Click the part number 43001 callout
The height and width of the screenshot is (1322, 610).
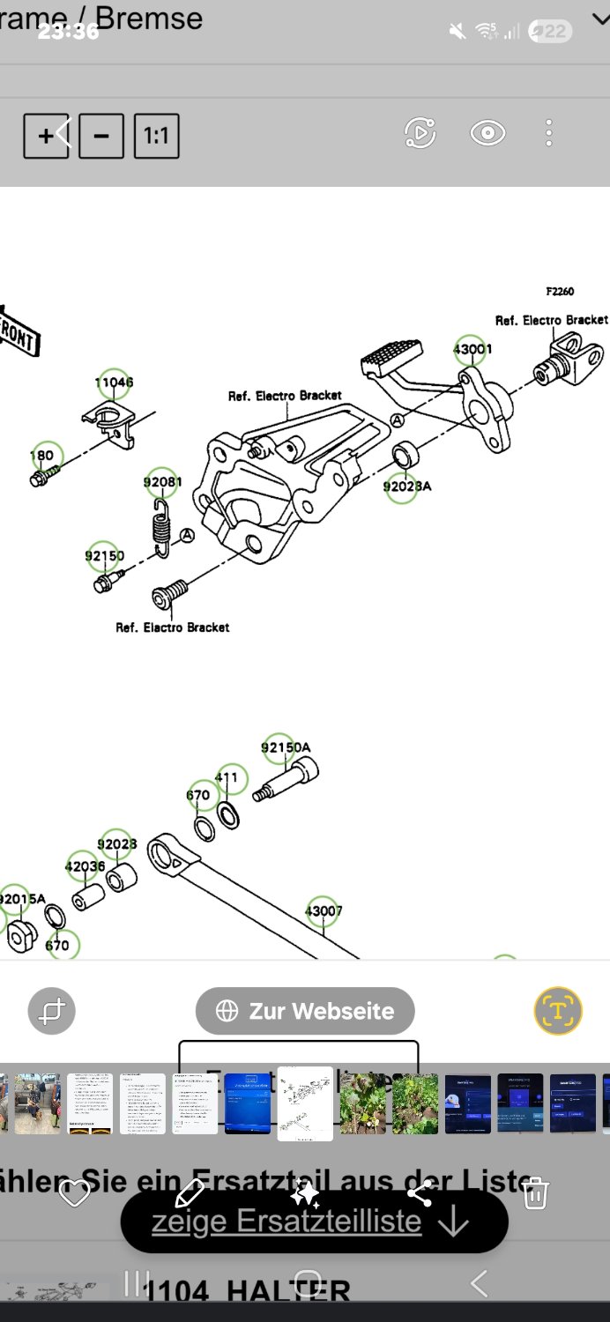472,349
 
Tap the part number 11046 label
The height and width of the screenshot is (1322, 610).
114,382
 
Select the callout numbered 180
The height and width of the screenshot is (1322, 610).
42,456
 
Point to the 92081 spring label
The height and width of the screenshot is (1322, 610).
162,482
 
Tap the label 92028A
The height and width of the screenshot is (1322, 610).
406,486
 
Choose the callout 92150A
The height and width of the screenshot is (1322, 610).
285,747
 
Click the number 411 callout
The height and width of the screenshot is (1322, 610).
227,778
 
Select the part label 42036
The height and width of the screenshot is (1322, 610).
85,866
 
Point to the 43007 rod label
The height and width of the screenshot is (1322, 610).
324,910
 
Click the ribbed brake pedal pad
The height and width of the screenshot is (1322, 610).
392,356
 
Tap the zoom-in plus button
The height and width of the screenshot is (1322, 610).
46,136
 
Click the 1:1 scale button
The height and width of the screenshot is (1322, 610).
157,136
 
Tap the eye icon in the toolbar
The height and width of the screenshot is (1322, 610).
487,133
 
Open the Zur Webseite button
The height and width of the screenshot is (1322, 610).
305,1011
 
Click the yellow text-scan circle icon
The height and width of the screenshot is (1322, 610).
558,1010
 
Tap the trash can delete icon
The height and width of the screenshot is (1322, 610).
535,1193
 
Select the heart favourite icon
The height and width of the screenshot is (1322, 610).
74,1194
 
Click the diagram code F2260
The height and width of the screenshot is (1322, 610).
560,292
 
